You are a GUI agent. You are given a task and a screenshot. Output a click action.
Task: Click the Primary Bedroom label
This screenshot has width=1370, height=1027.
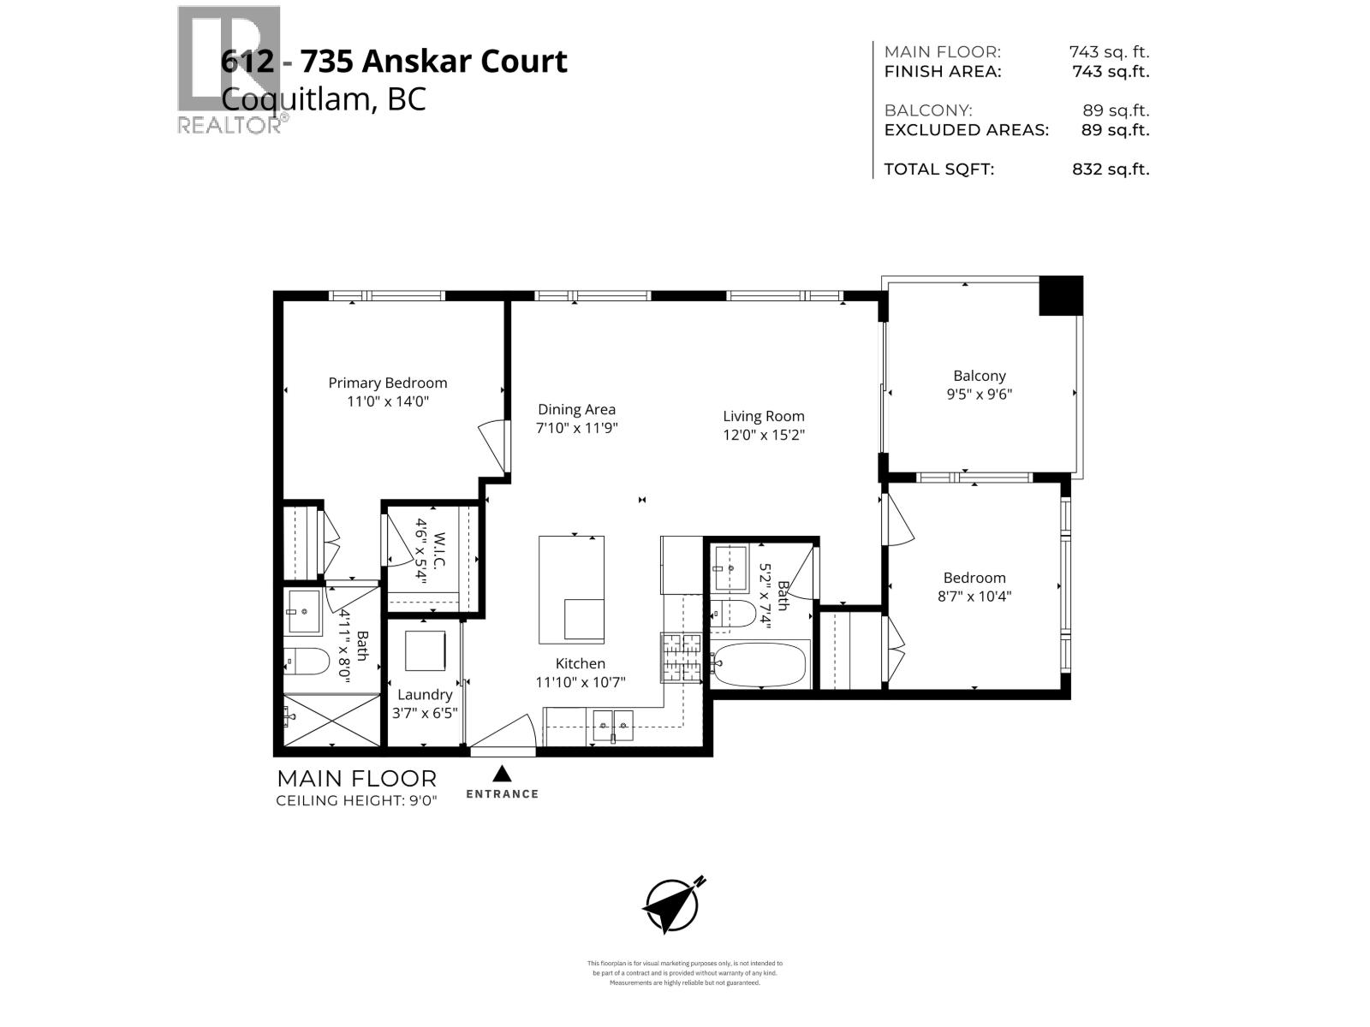click(x=387, y=383)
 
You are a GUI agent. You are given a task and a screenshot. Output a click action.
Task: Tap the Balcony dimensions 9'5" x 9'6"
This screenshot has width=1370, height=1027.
click(x=980, y=395)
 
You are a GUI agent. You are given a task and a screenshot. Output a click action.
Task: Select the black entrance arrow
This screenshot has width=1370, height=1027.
click(x=502, y=774)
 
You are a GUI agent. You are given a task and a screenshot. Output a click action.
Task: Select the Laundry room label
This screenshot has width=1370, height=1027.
click(x=424, y=695)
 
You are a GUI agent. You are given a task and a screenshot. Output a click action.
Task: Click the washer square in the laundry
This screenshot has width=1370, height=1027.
click(x=426, y=651)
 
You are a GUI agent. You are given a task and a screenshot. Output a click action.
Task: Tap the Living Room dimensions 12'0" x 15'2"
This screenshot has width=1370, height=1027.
click(x=764, y=435)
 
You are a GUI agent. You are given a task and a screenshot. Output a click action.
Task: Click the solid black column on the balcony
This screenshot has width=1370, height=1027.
click(x=1061, y=295)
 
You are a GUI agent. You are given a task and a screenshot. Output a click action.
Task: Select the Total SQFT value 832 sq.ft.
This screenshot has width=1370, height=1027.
click(x=1111, y=169)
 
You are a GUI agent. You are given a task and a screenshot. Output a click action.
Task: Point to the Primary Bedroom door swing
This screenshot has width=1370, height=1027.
click(x=492, y=445)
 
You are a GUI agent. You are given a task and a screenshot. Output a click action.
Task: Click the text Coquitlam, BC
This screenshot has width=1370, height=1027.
click(x=323, y=99)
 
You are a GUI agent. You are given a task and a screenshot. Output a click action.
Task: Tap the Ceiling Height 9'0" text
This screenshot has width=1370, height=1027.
click(x=356, y=801)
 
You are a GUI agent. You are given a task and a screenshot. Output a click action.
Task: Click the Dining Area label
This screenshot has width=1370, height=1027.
click(x=576, y=410)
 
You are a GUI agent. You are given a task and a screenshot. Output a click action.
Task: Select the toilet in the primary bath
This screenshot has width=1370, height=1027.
click(x=307, y=661)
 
